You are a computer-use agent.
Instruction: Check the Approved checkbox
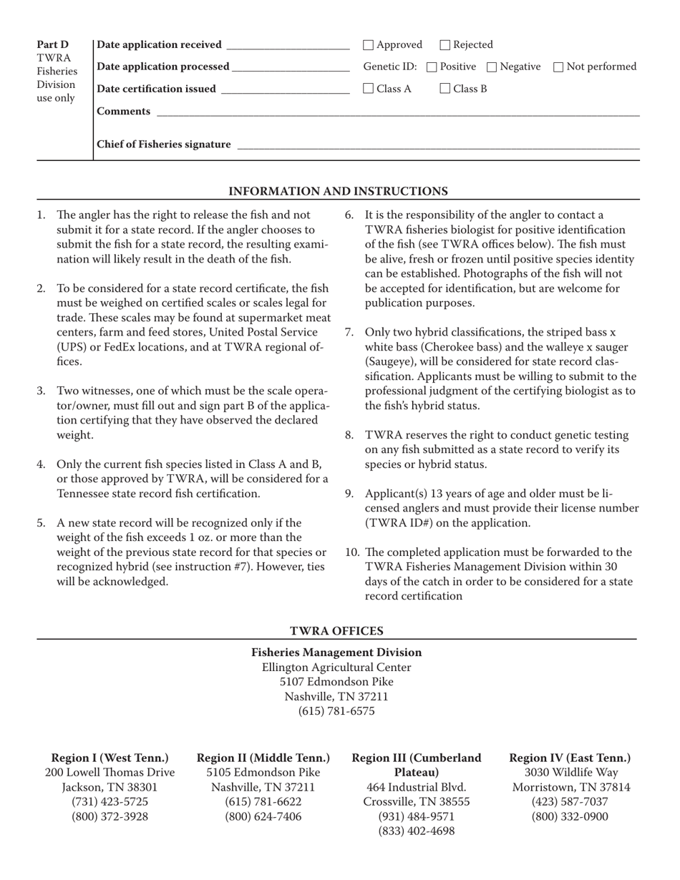point(369,45)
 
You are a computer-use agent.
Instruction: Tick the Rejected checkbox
point(445,45)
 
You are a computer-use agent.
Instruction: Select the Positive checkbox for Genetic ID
point(432,67)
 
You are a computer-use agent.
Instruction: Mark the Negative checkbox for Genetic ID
point(492,67)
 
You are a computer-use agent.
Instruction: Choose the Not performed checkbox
point(559,67)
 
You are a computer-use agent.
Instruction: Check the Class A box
point(369,89)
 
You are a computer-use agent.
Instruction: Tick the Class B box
point(445,89)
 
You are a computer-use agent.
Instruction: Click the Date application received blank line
point(287,47)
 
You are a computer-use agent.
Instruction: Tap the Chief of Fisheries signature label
point(164,145)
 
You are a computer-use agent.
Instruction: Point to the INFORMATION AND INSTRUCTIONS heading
point(338,191)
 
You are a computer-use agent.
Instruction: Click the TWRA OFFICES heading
point(336,631)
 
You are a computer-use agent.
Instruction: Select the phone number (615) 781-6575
point(336,711)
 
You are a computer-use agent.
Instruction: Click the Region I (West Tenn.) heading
point(110,758)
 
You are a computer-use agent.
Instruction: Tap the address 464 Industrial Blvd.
point(417,788)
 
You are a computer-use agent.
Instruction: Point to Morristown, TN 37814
point(570,788)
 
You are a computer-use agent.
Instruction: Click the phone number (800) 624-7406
point(263,816)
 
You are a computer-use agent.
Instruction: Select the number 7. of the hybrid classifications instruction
point(350,332)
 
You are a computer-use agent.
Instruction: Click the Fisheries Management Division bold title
point(336,652)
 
